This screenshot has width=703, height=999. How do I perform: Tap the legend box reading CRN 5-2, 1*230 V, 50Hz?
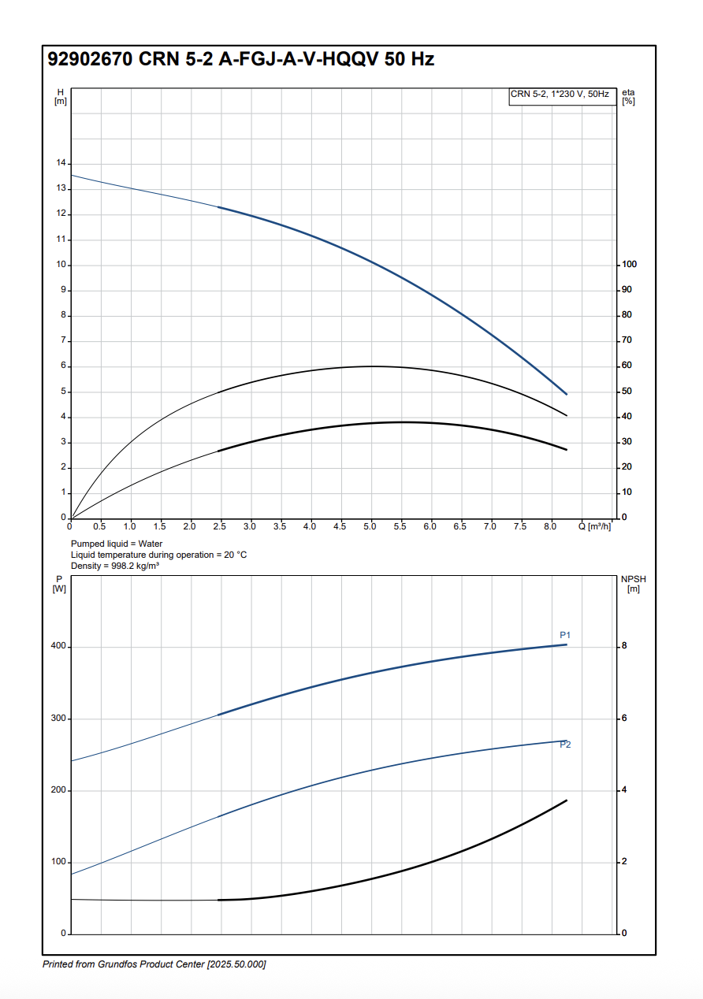click(560, 95)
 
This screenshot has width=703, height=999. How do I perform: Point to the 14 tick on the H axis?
click(61, 163)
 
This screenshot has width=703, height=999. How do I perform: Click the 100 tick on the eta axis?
click(629, 265)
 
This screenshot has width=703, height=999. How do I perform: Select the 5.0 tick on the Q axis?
click(370, 526)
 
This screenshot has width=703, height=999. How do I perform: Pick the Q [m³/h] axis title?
click(594, 526)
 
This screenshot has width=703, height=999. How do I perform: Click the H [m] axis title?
click(61, 97)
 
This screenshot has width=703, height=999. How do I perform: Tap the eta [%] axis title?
click(628, 97)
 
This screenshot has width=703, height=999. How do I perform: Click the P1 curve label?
click(565, 635)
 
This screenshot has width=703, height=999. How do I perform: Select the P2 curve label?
click(565, 745)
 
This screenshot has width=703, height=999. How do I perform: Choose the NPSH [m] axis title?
click(633, 584)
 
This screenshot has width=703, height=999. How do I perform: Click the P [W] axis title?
click(59, 584)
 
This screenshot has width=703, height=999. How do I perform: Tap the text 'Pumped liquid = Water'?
click(117, 544)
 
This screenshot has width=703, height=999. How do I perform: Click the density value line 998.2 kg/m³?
click(115, 566)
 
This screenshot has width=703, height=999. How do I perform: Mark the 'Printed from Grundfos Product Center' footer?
click(154, 964)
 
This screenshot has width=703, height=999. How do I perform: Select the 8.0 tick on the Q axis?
click(549, 526)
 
